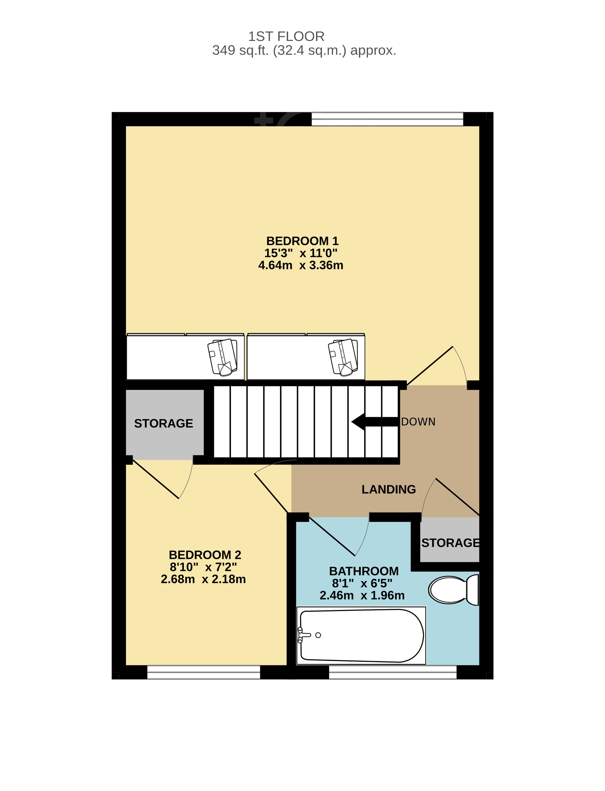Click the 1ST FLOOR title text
tap(286, 36)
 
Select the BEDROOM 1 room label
tap(302, 241)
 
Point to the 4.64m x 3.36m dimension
tap(300, 265)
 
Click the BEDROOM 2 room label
tap(205, 555)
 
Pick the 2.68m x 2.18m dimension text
tap(203, 579)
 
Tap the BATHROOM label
tap(364, 571)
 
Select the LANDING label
tap(389, 489)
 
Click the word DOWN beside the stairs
tap(418, 421)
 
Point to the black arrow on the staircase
tap(375, 421)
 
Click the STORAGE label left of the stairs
tap(164, 423)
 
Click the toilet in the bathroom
tap(454, 590)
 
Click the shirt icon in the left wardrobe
tap(222, 357)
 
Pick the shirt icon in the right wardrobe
tap(343, 357)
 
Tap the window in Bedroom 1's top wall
tap(387, 119)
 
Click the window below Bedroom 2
tap(204, 672)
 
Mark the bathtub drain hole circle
tap(318, 635)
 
